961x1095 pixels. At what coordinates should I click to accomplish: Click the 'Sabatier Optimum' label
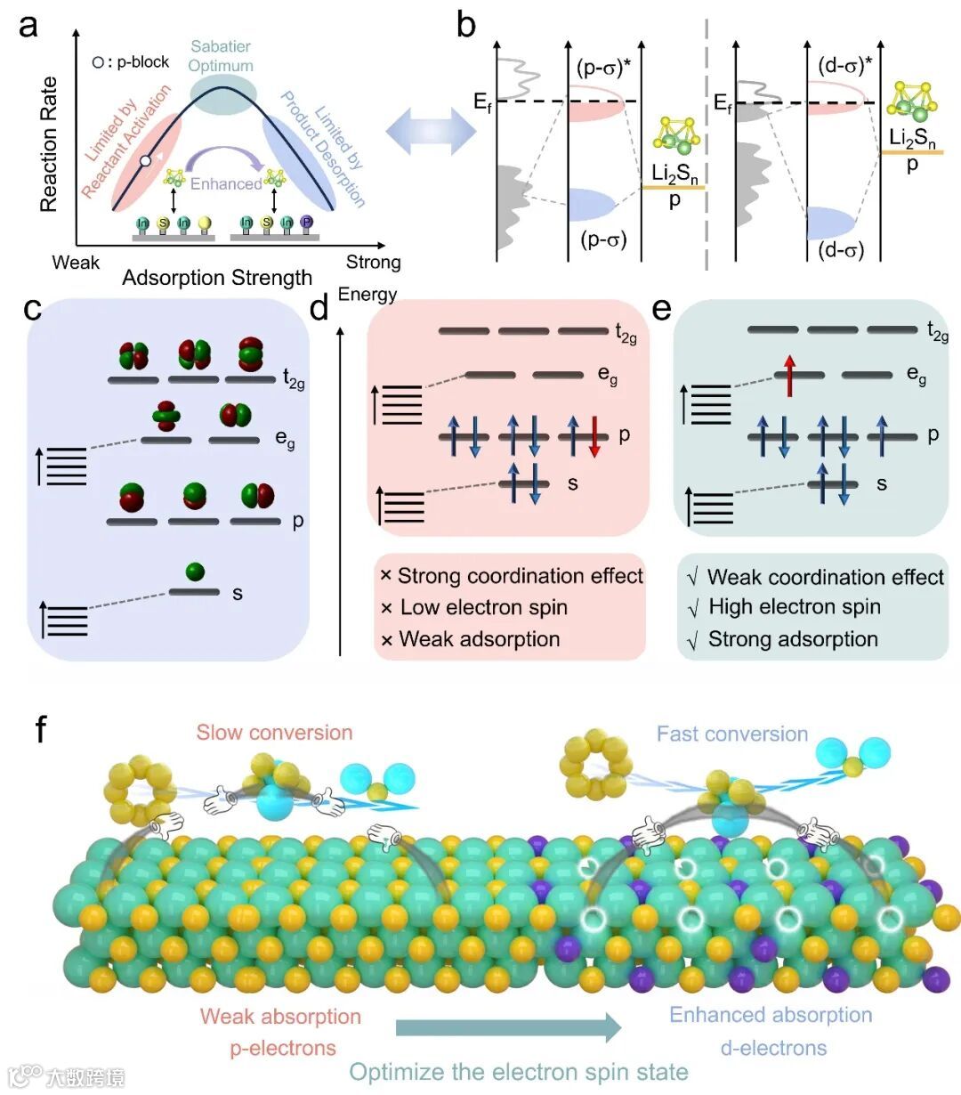[221, 56]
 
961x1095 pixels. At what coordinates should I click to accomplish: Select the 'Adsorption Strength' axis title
[217, 278]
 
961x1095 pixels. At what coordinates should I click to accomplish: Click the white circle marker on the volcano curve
[145, 161]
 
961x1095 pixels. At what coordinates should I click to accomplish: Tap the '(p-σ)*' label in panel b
[602, 68]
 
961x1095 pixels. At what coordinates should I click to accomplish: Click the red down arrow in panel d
[594, 440]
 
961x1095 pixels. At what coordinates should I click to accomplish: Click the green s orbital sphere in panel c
[196, 572]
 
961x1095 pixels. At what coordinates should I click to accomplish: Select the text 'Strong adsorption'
[792, 639]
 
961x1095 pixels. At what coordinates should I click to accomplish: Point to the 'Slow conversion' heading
[274, 733]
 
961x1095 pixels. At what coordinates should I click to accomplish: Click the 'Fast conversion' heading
[731, 734]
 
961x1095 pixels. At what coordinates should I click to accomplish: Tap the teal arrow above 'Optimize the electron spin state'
[508, 1027]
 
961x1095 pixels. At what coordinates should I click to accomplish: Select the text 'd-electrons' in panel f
[773, 1048]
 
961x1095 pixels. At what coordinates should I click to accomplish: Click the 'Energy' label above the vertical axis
[367, 294]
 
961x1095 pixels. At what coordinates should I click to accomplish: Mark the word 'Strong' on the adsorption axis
[373, 263]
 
